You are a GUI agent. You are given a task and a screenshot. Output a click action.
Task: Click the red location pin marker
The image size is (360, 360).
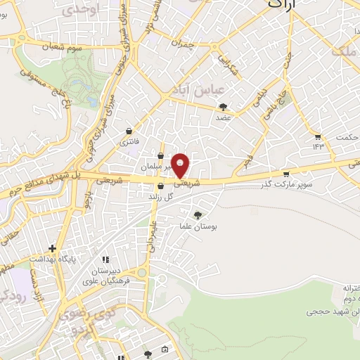tap(181, 165)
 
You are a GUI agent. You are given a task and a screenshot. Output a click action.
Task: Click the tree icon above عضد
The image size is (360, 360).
tap(224, 107)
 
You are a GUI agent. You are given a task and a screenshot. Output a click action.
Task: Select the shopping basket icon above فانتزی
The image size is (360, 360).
tap(129, 131)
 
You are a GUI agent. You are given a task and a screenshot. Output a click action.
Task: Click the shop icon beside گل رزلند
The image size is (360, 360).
tap(161, 186)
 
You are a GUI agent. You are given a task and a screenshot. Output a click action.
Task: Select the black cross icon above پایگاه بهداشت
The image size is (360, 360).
tap(52, 248)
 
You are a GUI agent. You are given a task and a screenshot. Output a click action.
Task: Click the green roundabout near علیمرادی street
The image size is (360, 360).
tap(143, 271)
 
